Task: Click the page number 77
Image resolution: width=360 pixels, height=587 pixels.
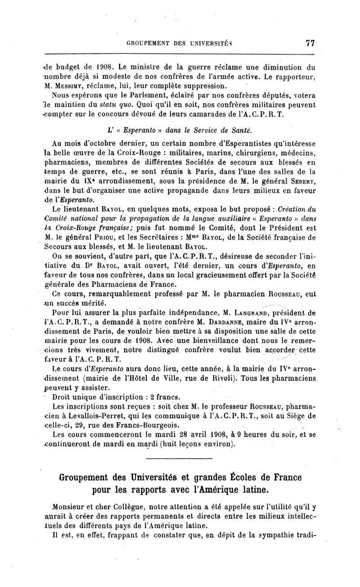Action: tap(310, 43)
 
